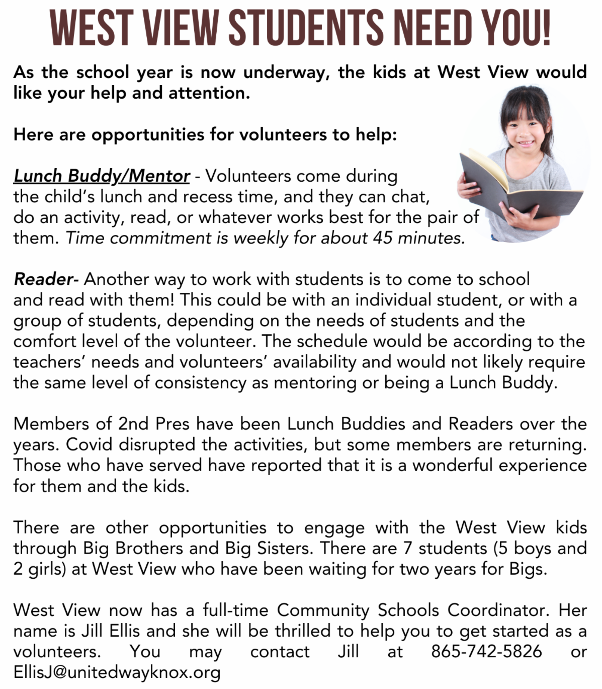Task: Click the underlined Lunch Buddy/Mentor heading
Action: tap(101, 176)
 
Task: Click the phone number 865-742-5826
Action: tap(486, 652)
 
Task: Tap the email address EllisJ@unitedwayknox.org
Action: tap(117, 672)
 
